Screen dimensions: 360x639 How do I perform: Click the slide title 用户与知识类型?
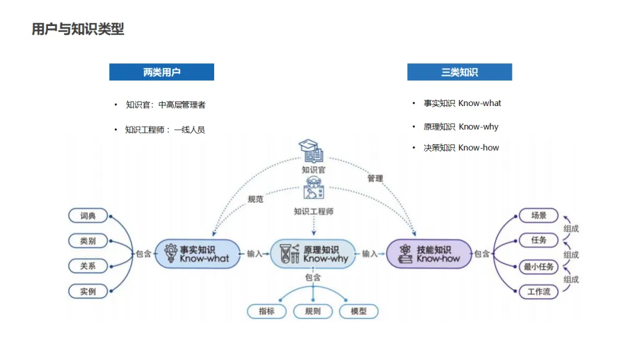click(78, 29)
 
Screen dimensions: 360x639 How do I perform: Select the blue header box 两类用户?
click(162, 72)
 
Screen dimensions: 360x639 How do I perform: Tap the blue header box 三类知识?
click(459, 72)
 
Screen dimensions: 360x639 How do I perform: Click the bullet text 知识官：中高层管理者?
click(166, 105)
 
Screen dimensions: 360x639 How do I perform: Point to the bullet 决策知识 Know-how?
click(461, 147)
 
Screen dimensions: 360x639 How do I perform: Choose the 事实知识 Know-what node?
click(198, 253)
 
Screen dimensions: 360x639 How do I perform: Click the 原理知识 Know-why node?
click(313, 253)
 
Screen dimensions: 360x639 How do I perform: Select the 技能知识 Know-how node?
click(429, 253)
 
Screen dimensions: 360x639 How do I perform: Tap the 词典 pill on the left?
click(88, 216)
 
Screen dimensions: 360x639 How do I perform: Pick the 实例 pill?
click(88, 291)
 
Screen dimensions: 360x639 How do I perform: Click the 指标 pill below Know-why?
click(267, 311)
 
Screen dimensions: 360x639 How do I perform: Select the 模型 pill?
click(359, 311)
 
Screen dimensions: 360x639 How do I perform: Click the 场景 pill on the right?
click(538, 216)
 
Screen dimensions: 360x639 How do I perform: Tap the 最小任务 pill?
click(538, 266)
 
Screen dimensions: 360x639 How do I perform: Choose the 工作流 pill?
click(538, 291)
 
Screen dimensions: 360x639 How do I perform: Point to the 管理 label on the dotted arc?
click(375, 178)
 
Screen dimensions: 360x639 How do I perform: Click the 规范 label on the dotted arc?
click(256, 200)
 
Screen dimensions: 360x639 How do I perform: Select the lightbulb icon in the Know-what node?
click(171, 253)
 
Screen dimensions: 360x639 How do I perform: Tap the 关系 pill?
click(88, 266)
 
